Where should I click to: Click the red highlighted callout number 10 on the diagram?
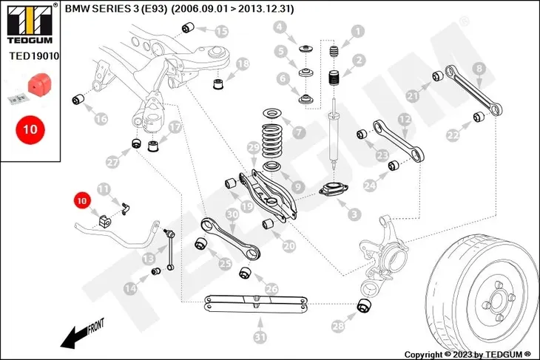[x=81, y=200]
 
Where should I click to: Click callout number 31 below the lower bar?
[x=259, y=337]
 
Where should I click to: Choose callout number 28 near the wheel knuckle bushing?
[x=339, y=326]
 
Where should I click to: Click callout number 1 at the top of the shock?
[x=358, y=31]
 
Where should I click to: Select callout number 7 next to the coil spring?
[x=299, y=133]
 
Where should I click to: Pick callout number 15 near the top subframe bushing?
[x=221, y=31]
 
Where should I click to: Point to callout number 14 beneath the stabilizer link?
[x=130, y=289]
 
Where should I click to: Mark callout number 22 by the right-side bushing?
[x=453, y=135]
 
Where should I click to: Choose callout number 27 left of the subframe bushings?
[x=112, y=162]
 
